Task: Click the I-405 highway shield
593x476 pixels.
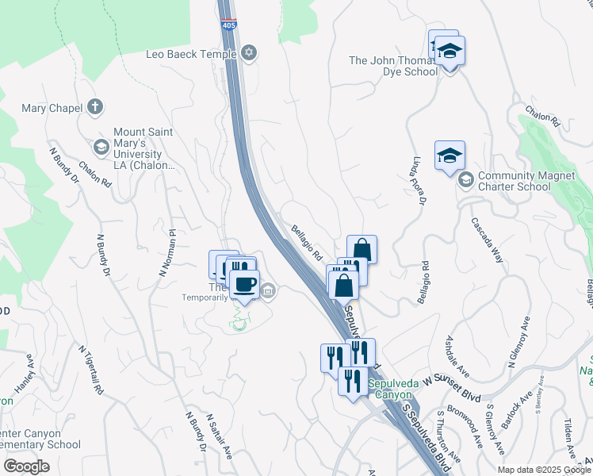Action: [228, 25]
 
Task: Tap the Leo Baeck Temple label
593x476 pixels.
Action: [191, 54]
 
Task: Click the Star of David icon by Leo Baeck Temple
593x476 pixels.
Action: [249, 54]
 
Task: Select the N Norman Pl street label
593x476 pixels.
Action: [167, 252]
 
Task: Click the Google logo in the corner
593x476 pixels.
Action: [26, 466]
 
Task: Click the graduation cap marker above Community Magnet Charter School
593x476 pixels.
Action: [450, 156]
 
